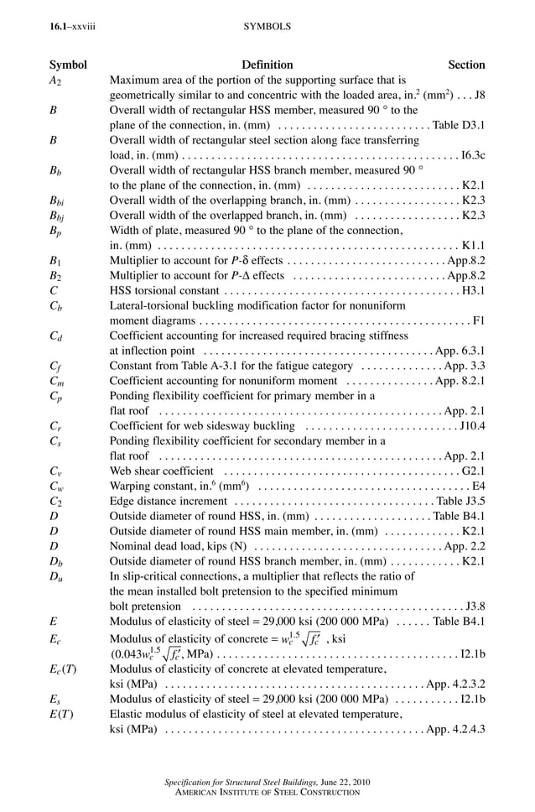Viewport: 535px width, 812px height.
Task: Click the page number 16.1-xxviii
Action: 72,27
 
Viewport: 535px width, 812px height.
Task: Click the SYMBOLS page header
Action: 267,27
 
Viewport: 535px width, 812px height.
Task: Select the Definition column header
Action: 267,65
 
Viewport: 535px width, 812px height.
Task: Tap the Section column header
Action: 466,65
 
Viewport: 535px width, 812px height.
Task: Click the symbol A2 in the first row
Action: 55,81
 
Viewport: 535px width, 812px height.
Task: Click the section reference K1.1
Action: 473,246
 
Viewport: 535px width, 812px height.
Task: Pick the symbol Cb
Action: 55,306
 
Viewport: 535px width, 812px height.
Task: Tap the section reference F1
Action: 479,320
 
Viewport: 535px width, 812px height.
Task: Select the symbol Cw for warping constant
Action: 56,487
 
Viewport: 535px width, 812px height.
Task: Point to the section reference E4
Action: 479,487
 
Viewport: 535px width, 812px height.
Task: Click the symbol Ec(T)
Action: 62,669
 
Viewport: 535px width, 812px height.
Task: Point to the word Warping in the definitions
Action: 128,487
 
